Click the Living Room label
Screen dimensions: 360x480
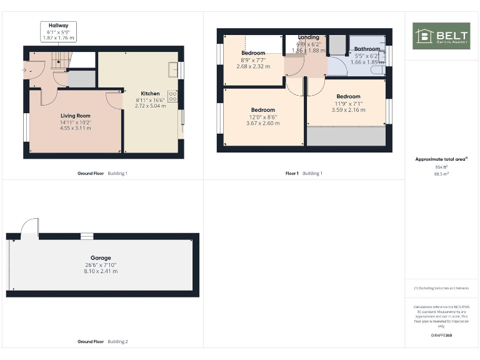[76, 116]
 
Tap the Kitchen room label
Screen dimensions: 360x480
[150, 94]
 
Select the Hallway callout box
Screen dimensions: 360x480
[59, 31]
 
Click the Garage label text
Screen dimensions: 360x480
[101, 257]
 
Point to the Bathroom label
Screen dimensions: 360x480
[367, 49]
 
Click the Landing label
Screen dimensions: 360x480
[308, 37]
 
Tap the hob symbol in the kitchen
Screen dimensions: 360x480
[172, 97]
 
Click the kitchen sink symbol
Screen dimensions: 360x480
[173, 69]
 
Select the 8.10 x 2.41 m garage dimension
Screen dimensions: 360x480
[101, 271]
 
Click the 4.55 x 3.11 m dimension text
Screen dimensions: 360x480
[76, 129]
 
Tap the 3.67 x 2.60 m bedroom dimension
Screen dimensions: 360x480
[263, 123]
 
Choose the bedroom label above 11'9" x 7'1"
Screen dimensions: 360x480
[348, 96]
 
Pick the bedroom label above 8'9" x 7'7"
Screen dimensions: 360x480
[253, 53]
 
